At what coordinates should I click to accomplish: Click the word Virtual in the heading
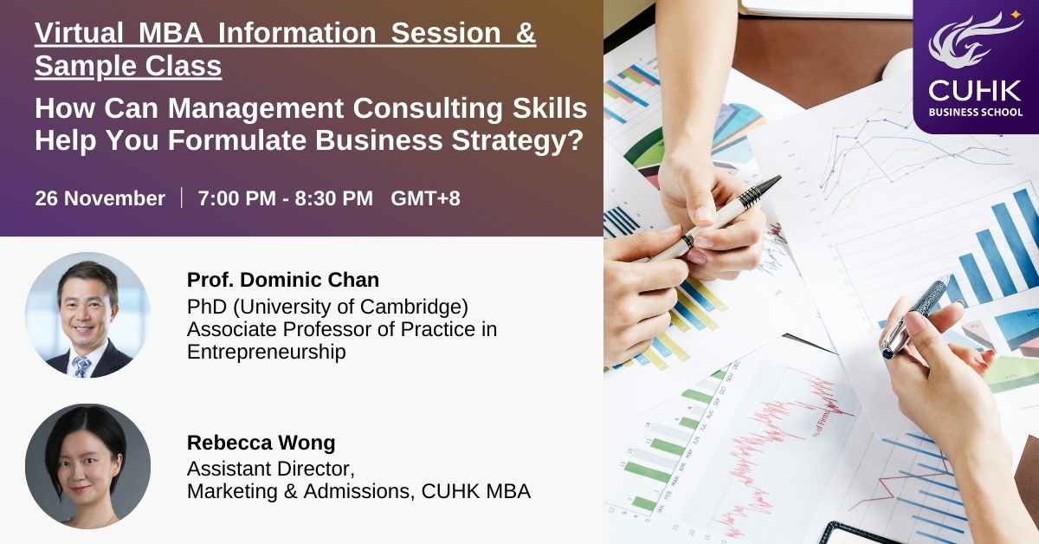(x=79, y=33)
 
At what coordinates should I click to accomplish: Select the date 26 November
(x=100, y=198)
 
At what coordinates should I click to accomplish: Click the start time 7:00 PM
(x=237, y=198)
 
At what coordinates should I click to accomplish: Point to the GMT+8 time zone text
(x=425, y=198)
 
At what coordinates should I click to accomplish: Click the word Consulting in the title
(x=428, y=108)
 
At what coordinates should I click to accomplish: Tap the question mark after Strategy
(x=576, y=139)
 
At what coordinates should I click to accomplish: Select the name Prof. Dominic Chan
(x=283, y=280)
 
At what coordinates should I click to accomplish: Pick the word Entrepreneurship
(x=267, y=352)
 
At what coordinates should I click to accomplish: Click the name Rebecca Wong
(x=261, y=443)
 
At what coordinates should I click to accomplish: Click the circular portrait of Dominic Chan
(x=87, y=314)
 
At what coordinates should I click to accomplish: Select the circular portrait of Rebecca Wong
(x=87, y=466)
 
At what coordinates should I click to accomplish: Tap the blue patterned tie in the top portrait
(x=81, y=366)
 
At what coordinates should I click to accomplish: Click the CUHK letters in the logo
(x=975, y=91)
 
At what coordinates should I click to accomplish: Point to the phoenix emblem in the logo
(x=974, y=41)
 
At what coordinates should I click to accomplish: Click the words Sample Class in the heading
(x=128, y=66)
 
